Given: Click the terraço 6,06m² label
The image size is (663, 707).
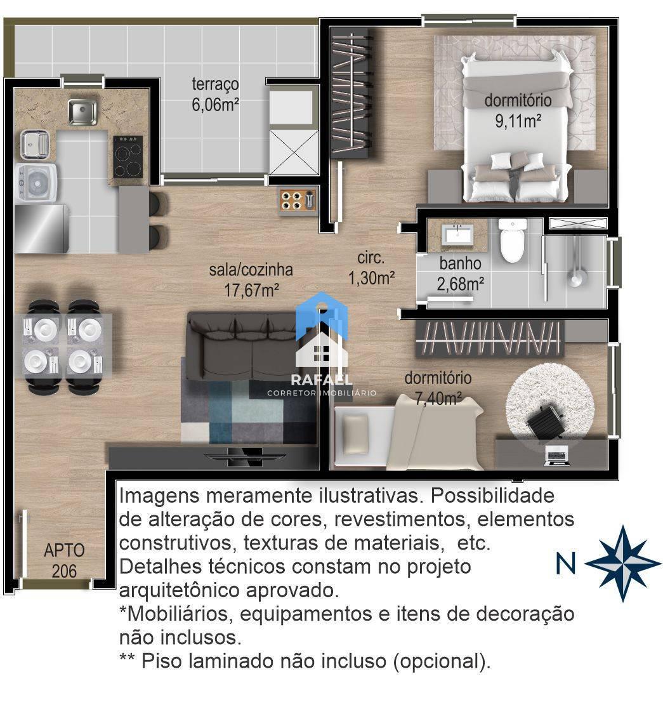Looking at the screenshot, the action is click(x=215, y=94).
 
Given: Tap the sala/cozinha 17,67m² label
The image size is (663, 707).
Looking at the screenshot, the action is click(x=251, y=279).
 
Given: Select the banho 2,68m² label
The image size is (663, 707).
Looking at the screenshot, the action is click(x=460, y=274).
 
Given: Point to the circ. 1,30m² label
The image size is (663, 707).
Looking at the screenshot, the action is click(x=371, y=268).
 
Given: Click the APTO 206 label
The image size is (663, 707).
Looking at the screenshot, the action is click(x=64, y=560).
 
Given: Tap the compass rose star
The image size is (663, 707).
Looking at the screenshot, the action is click(x=622, y=563).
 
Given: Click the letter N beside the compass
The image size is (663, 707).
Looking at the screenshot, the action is click(x=566, y=564).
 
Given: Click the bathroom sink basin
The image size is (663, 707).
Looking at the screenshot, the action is click(x=457, y=235).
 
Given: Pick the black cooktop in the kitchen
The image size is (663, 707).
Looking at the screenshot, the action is click(x=128, y=157).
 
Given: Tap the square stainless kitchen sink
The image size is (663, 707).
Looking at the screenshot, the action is click(x=82, y=112).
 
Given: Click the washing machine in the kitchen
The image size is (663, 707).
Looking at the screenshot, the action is click(x=36, y=183).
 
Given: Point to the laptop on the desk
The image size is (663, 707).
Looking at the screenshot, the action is click(x=557, y=456).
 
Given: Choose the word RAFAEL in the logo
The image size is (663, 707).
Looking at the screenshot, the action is click(x=322, y=380).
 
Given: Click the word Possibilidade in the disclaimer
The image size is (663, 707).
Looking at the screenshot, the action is click(x=492, y=496).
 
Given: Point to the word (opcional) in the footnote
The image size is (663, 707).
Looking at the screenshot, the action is click(x=442, y=661).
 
